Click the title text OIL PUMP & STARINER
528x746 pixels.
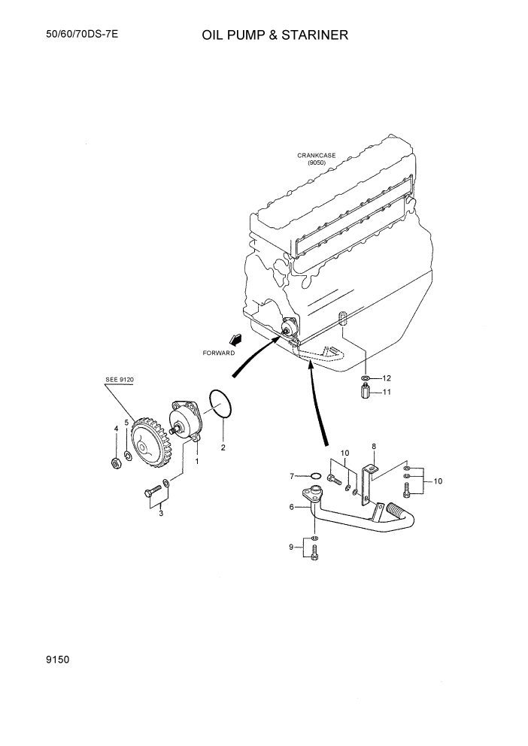point(275,35)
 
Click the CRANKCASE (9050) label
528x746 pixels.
point(316,159)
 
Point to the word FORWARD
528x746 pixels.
point(219,352)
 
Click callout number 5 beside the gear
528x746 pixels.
point(127,423)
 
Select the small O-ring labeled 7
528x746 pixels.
point(316,475)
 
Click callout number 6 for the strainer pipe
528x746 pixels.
point(292,508)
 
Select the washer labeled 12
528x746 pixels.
point(365,378)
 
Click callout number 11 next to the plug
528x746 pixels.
point(387,392)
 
